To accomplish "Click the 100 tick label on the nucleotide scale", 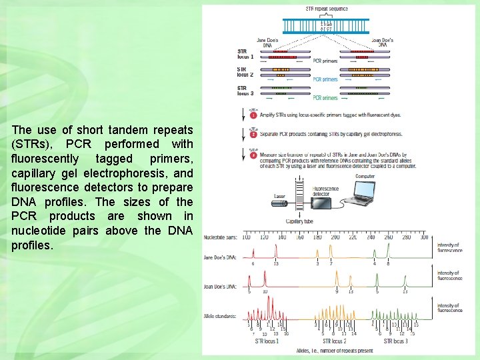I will point(246,237).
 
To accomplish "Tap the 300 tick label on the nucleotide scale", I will point(424,237).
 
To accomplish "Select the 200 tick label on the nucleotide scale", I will point(335,237).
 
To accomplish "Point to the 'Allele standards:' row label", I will point(221,315).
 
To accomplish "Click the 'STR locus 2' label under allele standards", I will point(333,341).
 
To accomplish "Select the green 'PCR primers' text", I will point(325,98).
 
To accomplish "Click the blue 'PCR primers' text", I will point(325,79).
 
